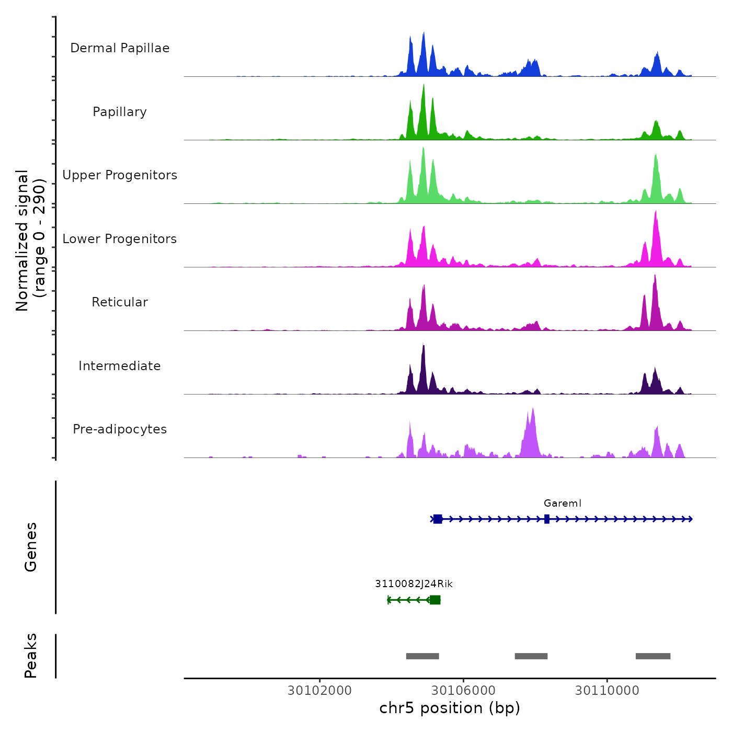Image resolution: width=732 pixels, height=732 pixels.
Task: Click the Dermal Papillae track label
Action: click(x=120, y=48)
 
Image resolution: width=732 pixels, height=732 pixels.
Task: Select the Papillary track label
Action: click(x=120, y=112)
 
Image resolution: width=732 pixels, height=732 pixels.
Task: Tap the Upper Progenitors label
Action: click(x=120, y=175)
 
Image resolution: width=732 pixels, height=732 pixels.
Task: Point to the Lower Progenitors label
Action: click(x=120, y=239)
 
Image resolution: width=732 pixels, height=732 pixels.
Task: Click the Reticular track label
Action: click(x=120, y=302)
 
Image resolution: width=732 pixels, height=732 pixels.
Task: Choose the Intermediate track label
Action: click(x=120, y=366)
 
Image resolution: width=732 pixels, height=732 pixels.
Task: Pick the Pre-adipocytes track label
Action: click(x=120, y=429)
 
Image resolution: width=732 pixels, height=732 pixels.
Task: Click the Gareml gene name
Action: click(x=562, y=504)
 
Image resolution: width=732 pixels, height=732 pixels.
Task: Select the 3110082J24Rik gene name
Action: click(x=414, y=584)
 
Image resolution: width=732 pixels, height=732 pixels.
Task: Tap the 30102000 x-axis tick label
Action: click(x=319, y=691)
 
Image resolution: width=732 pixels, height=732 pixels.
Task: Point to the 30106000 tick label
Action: click(x=463, y=691)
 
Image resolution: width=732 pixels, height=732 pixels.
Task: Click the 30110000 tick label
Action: click(x=607, y=691)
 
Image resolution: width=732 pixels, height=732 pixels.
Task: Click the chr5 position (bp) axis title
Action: click(x=450, y=708)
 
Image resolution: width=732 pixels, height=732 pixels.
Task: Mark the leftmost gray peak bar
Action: click(x=422, y=656)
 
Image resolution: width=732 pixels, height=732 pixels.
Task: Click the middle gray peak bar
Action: click(x=531, y=656)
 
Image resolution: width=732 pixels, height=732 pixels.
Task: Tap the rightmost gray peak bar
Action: click(x=653, y=656)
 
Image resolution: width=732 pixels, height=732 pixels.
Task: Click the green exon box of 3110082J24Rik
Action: click(x=435, y=600)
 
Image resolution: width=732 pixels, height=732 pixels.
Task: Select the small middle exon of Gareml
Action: click(x=547, y=519)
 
